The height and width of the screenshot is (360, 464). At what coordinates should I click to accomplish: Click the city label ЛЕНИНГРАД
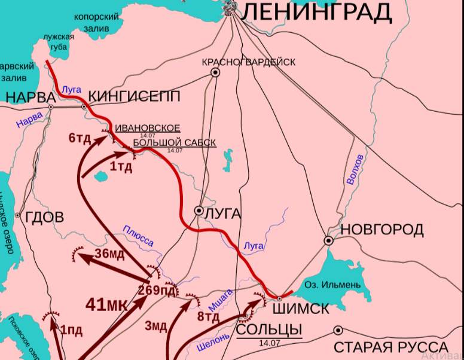click(318, 11)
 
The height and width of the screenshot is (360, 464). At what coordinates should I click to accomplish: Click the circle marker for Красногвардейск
click(215, 73)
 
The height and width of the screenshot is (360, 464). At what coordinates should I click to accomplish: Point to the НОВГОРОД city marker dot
click(328, 240)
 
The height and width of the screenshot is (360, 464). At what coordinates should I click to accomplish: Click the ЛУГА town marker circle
click(199, 210)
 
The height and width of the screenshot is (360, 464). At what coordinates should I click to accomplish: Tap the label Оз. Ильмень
click(332, 284)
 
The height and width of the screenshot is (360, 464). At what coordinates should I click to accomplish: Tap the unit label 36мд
click(109, 254)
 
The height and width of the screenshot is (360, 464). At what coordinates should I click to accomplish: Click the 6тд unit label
click(80, 138)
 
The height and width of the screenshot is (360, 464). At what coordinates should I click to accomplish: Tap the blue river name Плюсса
click(138, 236)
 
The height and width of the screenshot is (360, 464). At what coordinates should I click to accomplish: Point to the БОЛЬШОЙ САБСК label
click(174, 142)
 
